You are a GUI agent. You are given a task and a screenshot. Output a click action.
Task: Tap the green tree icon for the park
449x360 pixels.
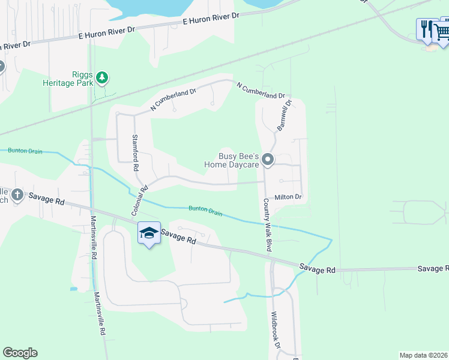coord(103,77)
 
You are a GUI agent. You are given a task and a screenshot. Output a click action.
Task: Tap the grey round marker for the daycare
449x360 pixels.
coord(268,160)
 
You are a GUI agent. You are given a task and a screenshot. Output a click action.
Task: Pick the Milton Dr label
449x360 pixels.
coord(288,197)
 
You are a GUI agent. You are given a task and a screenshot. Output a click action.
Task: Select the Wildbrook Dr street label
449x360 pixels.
coord(276,330)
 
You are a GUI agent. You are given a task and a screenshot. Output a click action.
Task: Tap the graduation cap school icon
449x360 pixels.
coord(149,233)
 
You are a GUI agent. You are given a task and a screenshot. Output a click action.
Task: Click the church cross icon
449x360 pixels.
coord(17,195)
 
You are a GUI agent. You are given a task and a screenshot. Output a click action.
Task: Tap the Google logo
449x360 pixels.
coord(20,353)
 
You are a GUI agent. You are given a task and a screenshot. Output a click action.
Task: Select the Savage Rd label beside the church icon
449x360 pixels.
coord(51,201)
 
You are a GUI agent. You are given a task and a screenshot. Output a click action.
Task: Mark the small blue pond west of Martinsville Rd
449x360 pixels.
coord(73,289)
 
